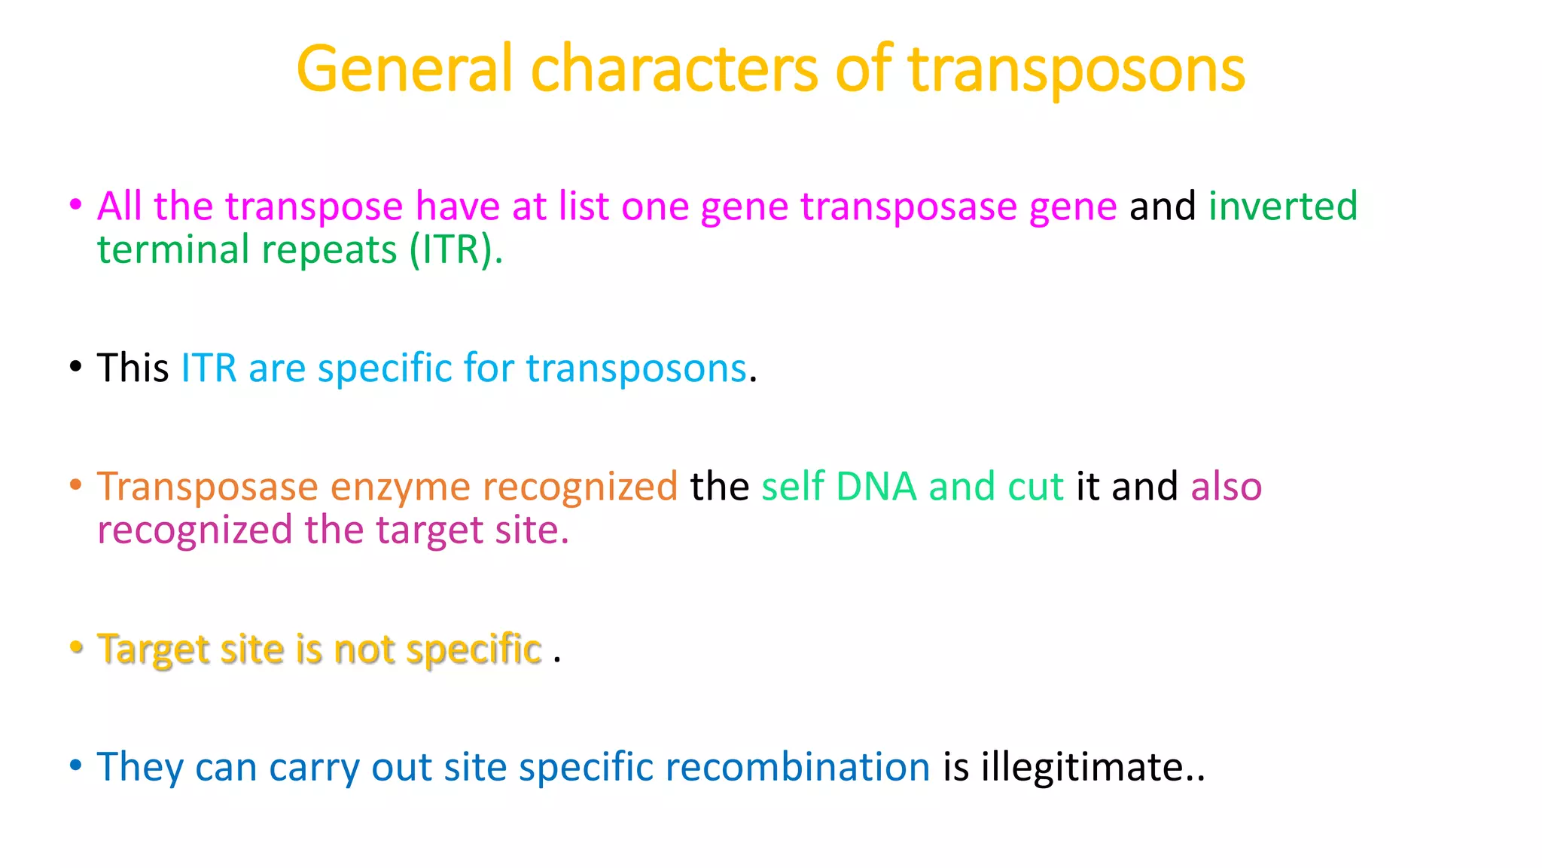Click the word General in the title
[x=404, y=69]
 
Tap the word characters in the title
[x=674, y=69]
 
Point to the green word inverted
[x=1282, y=206]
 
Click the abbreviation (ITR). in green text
[x=456, y=250]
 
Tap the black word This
[x=133, y=368]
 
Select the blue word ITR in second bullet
[x=209, y=368]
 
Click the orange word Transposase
[x=207, y=487]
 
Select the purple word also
[x=1226, y=487]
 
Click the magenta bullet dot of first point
[x=75, y=204]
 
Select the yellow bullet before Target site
[x=75, y=647]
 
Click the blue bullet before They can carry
[x=75, y=766]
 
